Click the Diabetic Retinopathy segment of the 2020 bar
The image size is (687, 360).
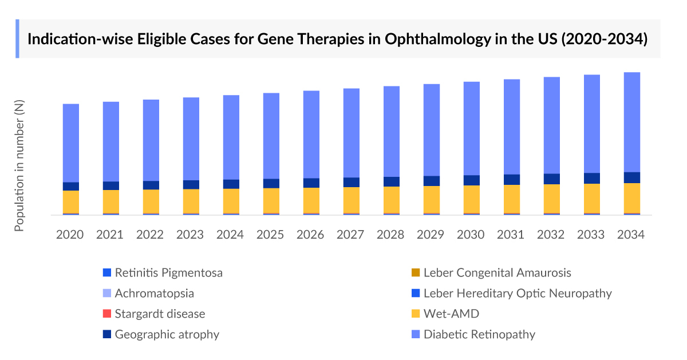pos(71,143)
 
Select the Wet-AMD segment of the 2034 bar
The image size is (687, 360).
pos(631,198)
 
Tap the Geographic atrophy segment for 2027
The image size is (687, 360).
pos(352,182)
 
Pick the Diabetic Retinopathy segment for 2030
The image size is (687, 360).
pos(471,128)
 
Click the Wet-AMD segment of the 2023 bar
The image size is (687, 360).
pos(191,201)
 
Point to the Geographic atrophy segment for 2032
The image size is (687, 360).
pos(551,179)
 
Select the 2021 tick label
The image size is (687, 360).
pos(110,235)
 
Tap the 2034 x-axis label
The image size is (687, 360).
pos(631,235)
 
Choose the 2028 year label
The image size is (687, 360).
pos(391,235)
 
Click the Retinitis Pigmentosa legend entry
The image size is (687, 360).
pos(168,272)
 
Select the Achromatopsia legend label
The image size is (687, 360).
pos(154,293)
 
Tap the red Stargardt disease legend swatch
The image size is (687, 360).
pos(106,314)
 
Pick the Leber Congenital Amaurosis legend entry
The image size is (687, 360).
pos(497,272)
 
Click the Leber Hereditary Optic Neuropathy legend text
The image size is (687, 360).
pos(517,293)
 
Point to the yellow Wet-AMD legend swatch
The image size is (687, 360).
pos(415,314)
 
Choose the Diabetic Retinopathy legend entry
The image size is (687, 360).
pos(479,334)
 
